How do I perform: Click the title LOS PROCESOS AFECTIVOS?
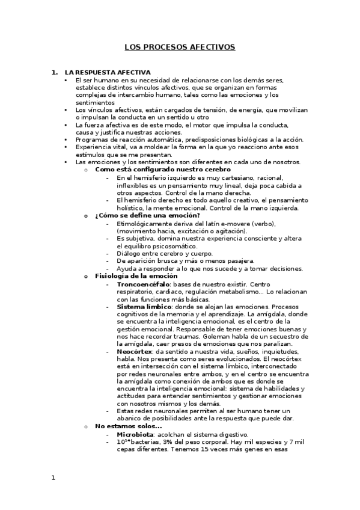(180, 46)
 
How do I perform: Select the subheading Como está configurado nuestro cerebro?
(155, 170)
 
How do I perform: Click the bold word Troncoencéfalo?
(142, 283)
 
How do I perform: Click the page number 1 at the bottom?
(53, 478)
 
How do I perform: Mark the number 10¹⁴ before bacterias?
(122, 441)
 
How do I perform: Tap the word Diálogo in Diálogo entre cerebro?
(129, 253)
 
